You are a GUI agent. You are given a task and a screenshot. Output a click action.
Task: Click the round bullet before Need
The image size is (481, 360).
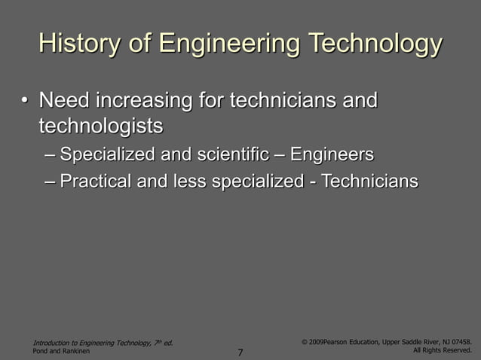tap(25, 100)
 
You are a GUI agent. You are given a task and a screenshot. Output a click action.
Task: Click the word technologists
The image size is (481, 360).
tap(101, 124)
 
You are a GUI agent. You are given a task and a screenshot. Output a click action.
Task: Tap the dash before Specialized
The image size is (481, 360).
tap(50, 156)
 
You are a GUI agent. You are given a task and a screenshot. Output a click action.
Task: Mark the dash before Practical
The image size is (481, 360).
tap(50, 182)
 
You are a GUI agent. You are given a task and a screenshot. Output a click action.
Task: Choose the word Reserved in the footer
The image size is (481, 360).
tap(457, 351)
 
